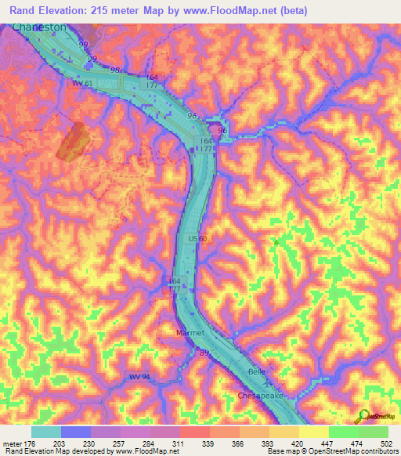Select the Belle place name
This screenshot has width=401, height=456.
pos(257,371)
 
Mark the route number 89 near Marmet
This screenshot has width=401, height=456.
pos(204,354)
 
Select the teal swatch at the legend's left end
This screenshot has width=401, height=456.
pos(45,432)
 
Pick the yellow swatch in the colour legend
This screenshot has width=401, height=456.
pos(314,432)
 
